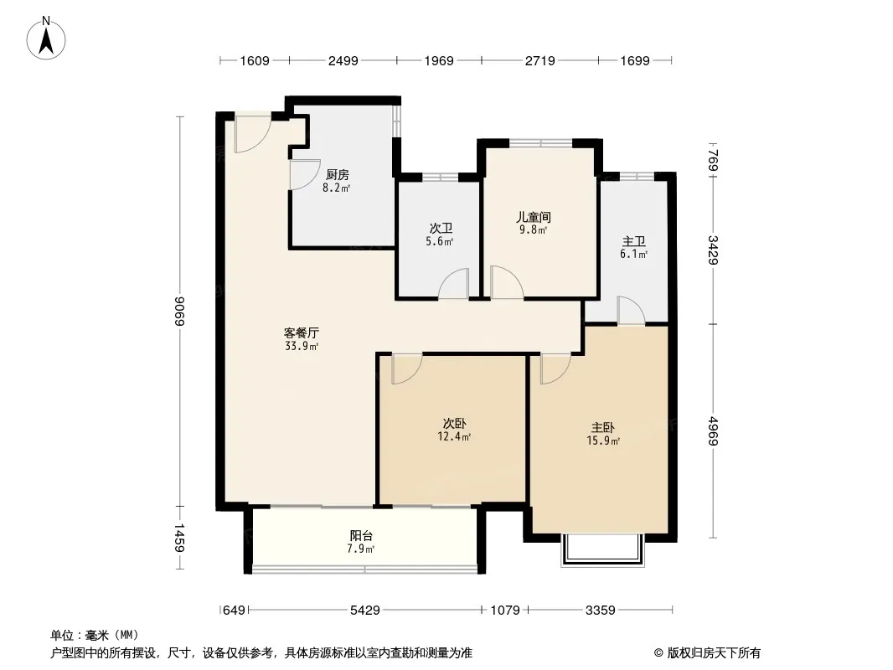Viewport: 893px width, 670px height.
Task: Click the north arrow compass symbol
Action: (x=46, y=39)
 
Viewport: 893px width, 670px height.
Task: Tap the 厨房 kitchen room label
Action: (x=337, y=175)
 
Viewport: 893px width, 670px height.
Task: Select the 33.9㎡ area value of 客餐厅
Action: (x=302, y=346)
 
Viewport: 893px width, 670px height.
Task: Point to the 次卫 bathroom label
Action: (x=441, y=229)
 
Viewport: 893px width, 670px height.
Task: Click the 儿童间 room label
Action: (x=534, y=217)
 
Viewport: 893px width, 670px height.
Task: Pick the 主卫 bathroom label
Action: (x=633, y=242)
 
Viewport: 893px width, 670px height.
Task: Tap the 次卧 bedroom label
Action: (x=455, y=424)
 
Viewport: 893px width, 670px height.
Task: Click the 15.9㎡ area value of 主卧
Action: (x=603, y=441)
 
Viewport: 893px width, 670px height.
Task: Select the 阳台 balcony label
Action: (x=361, y=536)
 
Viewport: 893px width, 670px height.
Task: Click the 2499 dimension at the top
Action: (x=343, y=60)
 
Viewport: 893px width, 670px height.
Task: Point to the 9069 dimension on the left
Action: (x=179, y=312)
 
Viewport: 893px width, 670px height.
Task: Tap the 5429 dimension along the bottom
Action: (x=364, y=611)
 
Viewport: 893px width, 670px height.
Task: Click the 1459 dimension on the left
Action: (x=179, y=538)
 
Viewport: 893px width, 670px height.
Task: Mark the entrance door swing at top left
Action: (x=252, y=134)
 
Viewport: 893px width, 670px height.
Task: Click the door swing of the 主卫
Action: (x=631, y=310)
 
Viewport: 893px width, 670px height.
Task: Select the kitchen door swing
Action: (x=305, y=175)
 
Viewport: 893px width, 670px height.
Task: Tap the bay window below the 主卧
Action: (x=603, y=550)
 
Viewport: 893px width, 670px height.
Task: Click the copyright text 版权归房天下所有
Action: (x=713, y=653)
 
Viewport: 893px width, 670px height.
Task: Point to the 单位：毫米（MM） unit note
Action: (x=95, y=635)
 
